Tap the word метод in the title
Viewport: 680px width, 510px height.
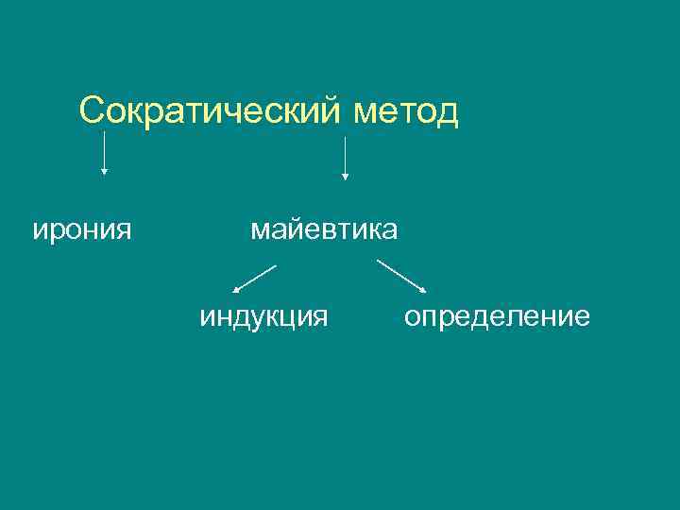coord(406,110)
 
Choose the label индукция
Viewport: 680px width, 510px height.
coord(263,315)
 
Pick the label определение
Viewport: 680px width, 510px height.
coord(497,315)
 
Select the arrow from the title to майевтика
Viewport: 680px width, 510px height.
coord(345,157)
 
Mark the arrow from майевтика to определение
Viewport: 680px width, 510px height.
coord(401,277)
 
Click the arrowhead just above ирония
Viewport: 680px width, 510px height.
coord(104,172)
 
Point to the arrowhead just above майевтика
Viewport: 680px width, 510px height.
coord(345,176)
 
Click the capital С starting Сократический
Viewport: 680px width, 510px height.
coord(92,110)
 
